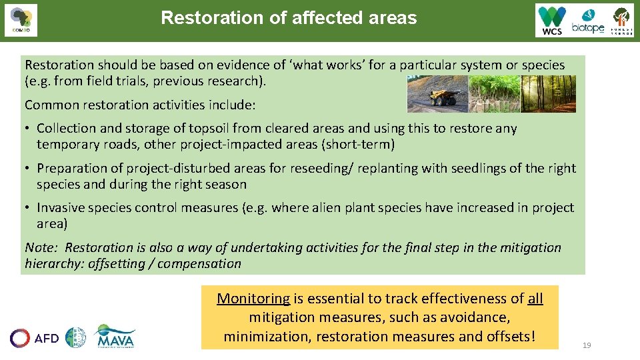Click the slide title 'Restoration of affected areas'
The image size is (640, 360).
point(289,17)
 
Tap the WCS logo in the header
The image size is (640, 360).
point(553,21)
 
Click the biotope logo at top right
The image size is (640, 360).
point(587,21)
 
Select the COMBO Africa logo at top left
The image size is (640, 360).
point(21,21)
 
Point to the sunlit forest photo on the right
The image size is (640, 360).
point(548,93)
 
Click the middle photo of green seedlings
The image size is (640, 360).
point(494,93)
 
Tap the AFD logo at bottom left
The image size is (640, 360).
point(35,338)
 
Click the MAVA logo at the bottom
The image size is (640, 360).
point(115,337)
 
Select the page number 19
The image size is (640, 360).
point(587,345)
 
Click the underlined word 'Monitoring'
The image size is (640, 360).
point(253,299)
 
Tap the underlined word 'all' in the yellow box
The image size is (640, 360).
point(535,299)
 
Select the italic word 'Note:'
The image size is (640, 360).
point(42,248)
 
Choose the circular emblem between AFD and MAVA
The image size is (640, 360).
point(75,337)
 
